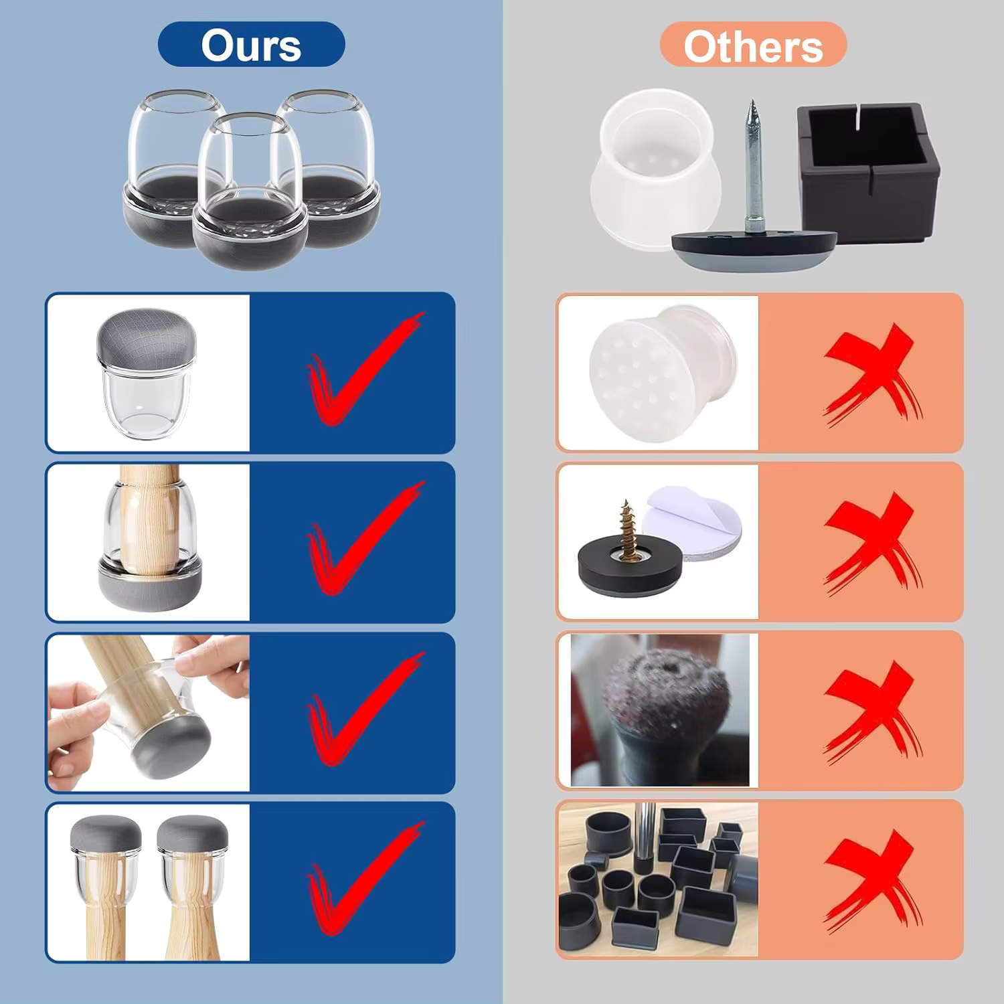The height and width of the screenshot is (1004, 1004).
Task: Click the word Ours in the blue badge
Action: pos(251,46)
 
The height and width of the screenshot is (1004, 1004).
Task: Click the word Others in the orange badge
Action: pos(753,47)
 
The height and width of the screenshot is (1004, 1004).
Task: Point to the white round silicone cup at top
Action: pos(646,167)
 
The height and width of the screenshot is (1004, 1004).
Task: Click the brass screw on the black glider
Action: pos(628,529)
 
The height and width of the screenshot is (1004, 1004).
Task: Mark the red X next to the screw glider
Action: pos(870,542)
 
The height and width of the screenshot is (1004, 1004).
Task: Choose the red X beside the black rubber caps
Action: pos(870,880)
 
